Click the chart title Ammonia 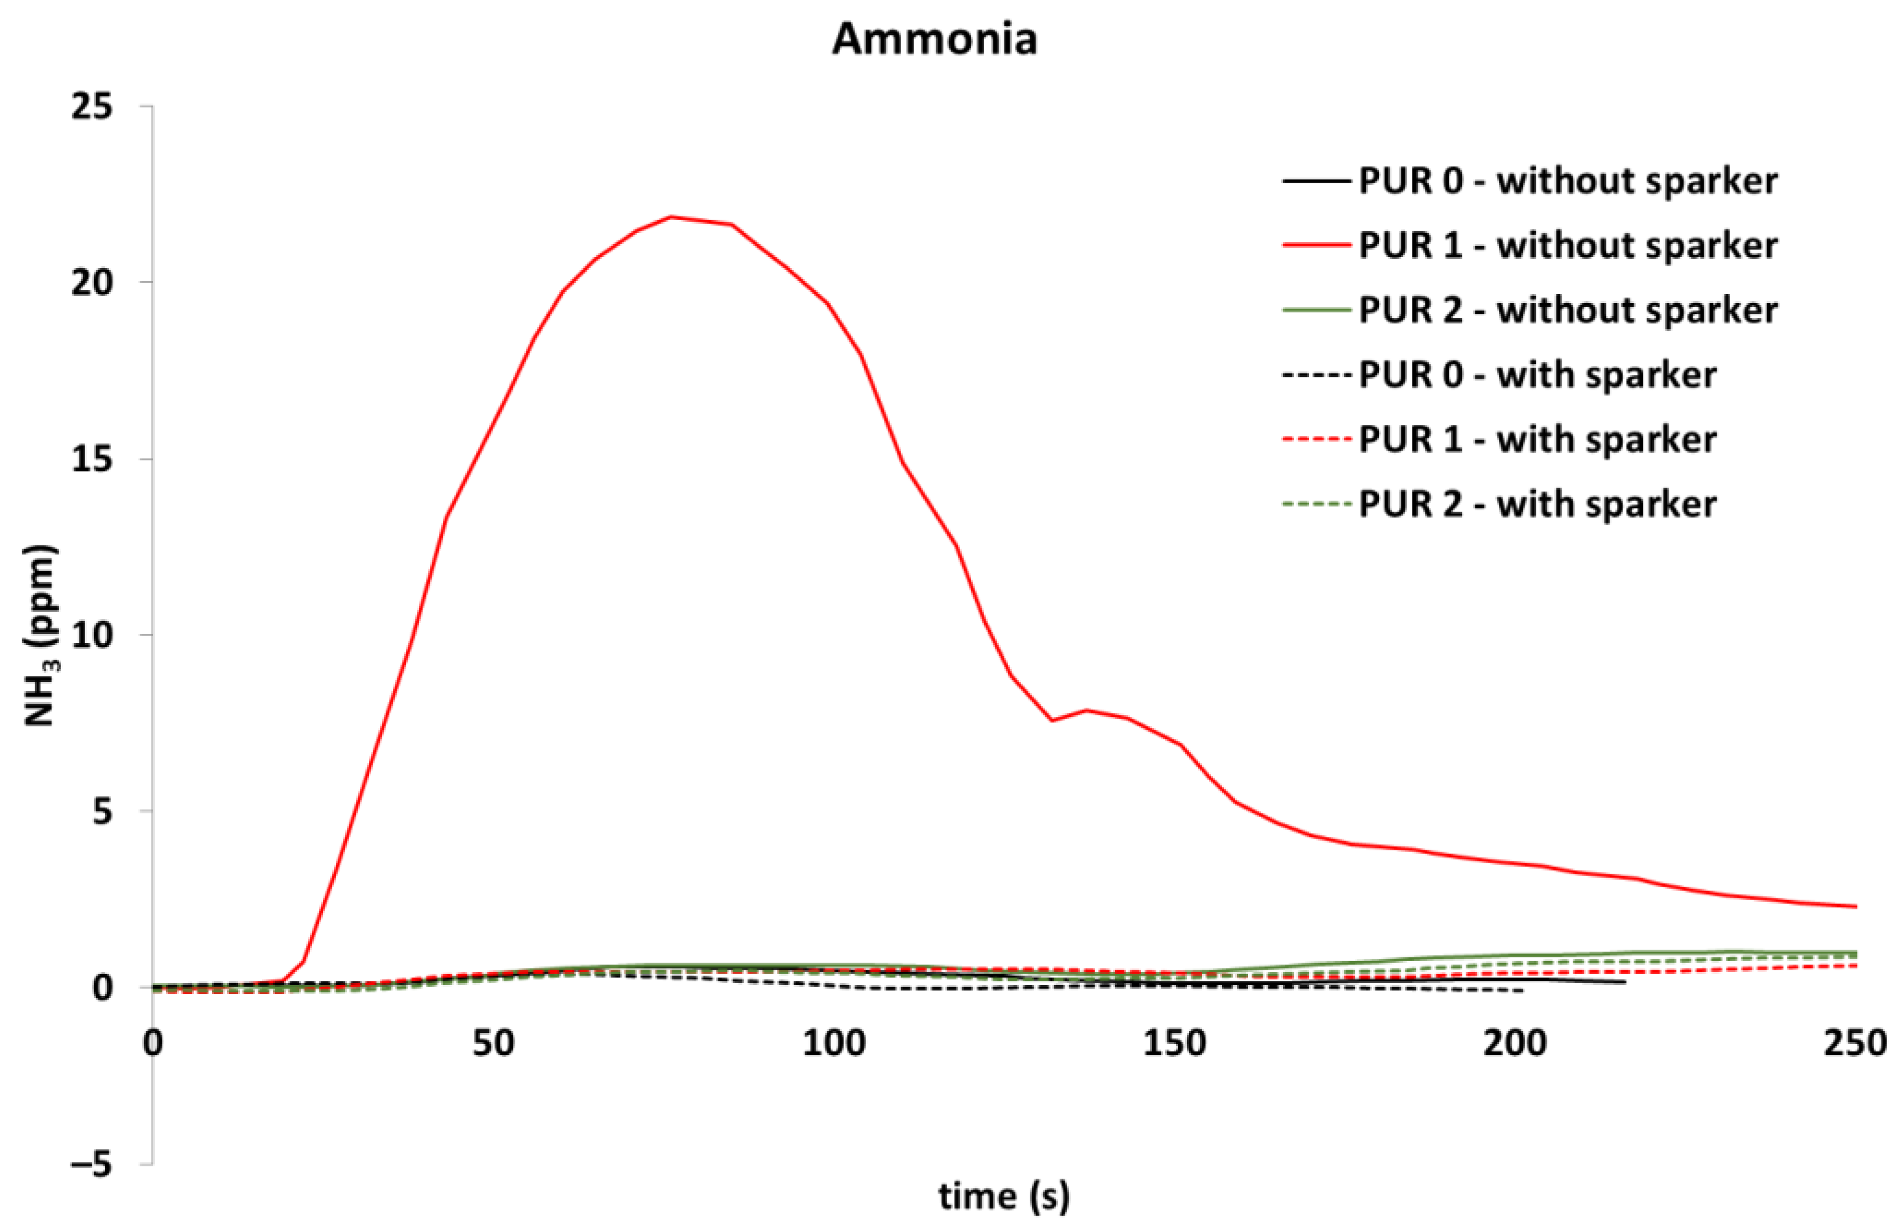tap(935, 39)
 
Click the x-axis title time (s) tap(1004, 1196)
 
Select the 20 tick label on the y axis tap(92, 283)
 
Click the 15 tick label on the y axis tap(92, 459)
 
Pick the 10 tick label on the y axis tap(92, 635)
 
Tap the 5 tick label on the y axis tap(102, 812)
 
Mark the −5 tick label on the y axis tap(92, 1165)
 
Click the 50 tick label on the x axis tap(493, 1043)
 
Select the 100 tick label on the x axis tap(833, 1043)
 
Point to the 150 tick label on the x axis tap(1174, 1043)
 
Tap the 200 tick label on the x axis tap(1514, 1043)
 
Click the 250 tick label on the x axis tap(1855, 1043)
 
